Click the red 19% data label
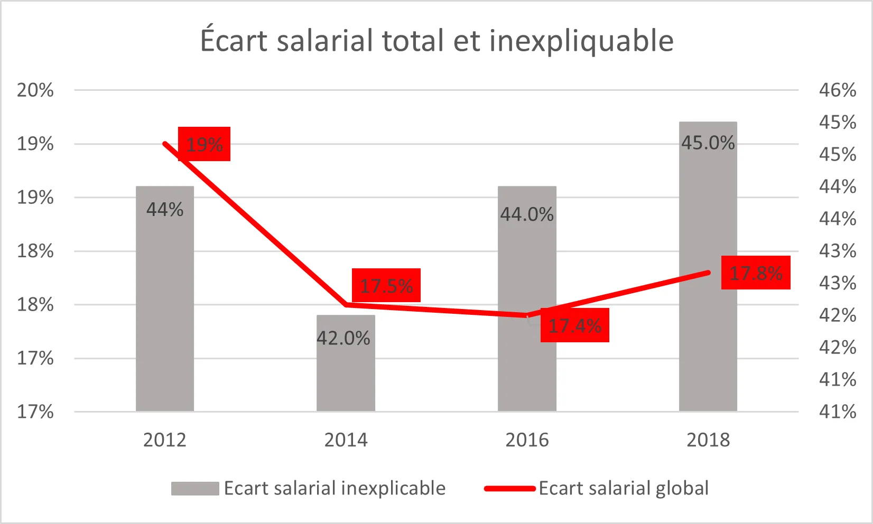(204, 144)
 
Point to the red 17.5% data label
(386, 285)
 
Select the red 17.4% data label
(575, 325)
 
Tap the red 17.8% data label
(756, 273)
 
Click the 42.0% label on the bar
(343, 338)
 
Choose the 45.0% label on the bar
(708, 143)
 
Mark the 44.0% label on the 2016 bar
(527, 214)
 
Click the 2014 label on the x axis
(346, 439)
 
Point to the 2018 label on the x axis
(708, 439)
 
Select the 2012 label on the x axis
(165, 439)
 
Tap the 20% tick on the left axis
(35, 90)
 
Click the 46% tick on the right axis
(838, 90)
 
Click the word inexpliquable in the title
(581, 41)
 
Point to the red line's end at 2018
(708, 273)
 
